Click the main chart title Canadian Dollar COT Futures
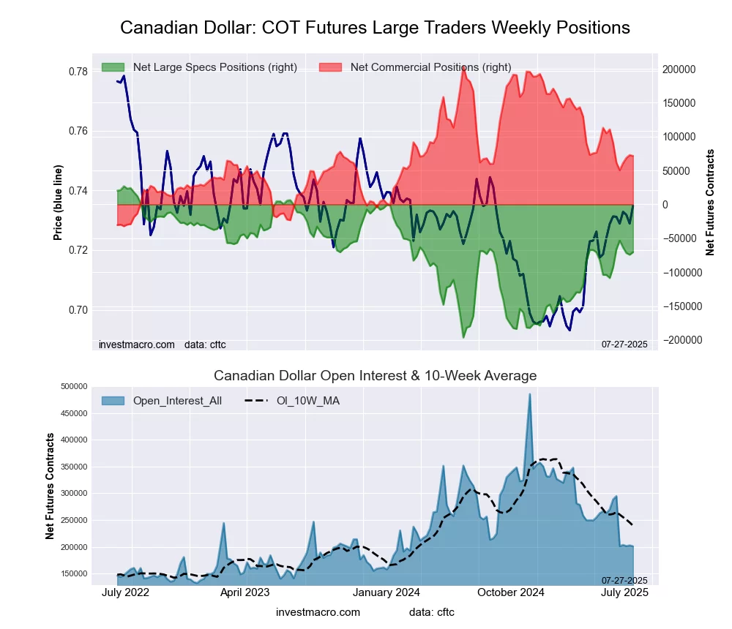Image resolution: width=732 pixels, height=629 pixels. pyautogui.click(x=375, y=28)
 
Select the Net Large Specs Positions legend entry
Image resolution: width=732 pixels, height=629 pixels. pyautogui.click(x=200, y=67)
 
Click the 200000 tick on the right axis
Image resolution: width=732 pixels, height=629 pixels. pyautogui.click(x=679, y=69)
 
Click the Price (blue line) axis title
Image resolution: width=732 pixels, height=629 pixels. pyautogui.click(x=59, y=203)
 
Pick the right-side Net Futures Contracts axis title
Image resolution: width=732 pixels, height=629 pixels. pyautogui.click(x=710, y=203)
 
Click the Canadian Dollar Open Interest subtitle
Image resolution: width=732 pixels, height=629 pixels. pyautogui.click(x=375, y=376)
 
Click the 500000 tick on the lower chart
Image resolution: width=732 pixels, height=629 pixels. pyautogui.click(x=73, y=386)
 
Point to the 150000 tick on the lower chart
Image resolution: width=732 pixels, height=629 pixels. pyautogui.click(x=73, y=574)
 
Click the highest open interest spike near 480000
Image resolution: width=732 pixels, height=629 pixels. pyautogui.click(x=530, y=394)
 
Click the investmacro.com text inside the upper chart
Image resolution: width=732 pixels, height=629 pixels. pyautogui.click(x=137, y=344)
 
